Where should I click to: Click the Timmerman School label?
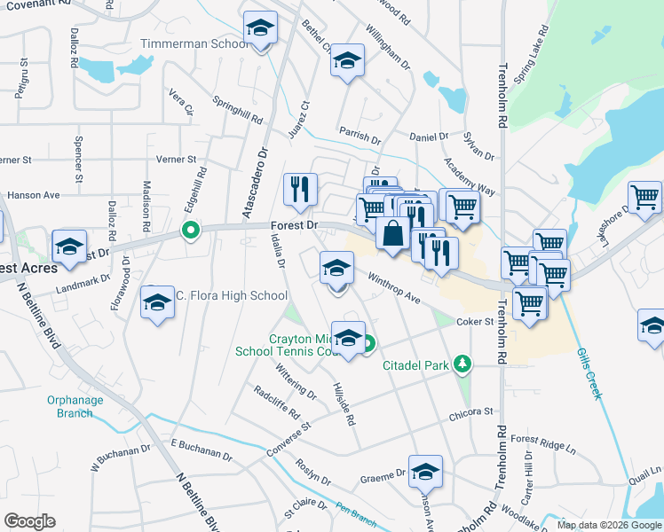[x=194, y=43]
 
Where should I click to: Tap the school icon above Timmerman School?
[x=261, y=28]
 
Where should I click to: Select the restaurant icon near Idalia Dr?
[x=300, y=189]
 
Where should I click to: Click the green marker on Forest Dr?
[x=189, y=231]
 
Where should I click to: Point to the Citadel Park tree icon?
[x=462, y=364]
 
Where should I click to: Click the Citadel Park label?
[x=415, y=365]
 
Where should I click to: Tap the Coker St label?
[x=474, y=322]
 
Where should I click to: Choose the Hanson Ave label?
[x=33, y=195]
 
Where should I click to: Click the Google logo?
[x=30, y=521]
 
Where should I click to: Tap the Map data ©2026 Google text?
[x=608, y=525]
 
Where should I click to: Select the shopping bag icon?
[x=392, y=233]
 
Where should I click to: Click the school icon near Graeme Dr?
[x=425, y=472]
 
